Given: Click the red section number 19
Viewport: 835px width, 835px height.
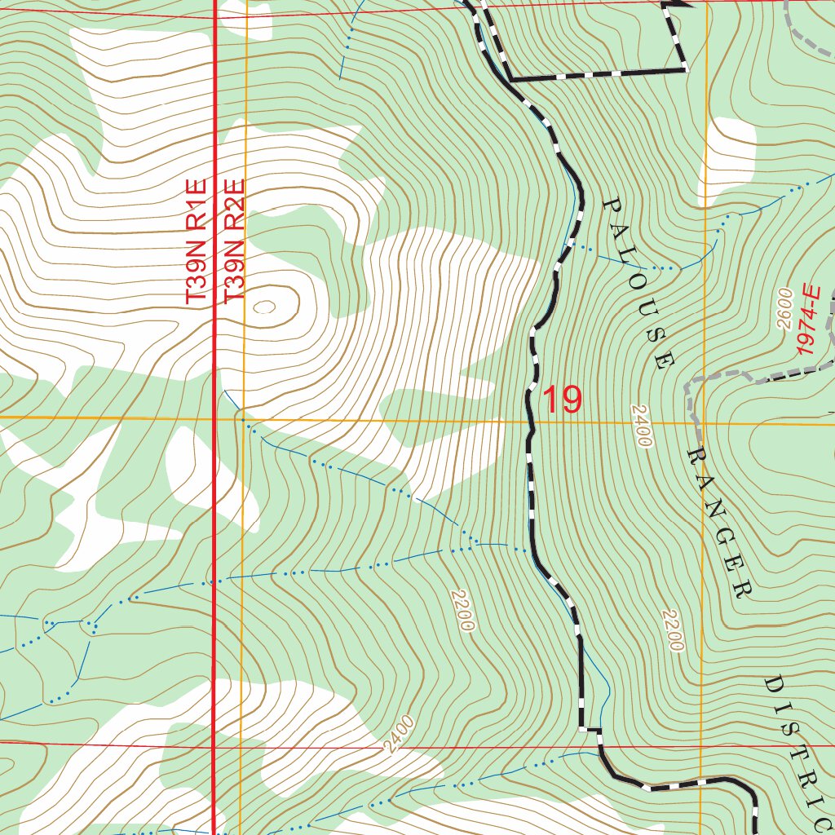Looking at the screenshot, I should (x=562, y=400).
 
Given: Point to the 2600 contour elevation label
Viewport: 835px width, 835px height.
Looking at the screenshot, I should (x=784, y=308).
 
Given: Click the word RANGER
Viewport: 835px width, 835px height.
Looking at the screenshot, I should (x=718, y=521).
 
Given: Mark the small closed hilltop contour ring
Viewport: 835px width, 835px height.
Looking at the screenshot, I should (x=265, y=307).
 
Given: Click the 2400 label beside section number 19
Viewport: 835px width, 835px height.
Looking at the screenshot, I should (x=642, y=425).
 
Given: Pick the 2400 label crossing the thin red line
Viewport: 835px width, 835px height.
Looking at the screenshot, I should (x=399, y=735).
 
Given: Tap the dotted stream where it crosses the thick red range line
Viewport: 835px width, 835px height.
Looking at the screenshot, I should (x=214, y=582).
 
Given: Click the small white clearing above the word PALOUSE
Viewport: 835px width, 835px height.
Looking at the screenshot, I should (x=728, y=151).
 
